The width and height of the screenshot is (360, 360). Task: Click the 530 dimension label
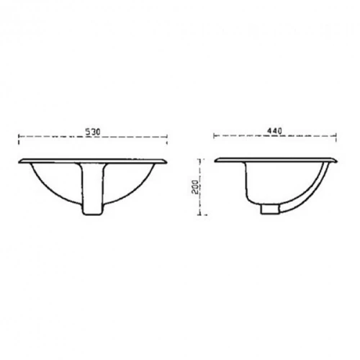click(93, 132)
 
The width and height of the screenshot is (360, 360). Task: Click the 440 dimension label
click(274, 131)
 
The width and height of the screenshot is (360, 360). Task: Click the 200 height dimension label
click(195, 186)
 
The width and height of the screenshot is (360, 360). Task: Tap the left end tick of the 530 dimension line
click(19, 140)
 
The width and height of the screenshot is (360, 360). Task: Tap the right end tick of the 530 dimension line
click(167, 140)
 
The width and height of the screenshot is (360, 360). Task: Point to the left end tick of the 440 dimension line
click(214, 136)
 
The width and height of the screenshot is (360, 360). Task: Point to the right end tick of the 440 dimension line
click(336, 138)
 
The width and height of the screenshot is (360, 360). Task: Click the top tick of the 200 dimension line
click(201, 159)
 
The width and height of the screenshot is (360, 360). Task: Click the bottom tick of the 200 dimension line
click(202, 215)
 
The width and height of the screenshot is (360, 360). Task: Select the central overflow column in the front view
click(93, 189)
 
